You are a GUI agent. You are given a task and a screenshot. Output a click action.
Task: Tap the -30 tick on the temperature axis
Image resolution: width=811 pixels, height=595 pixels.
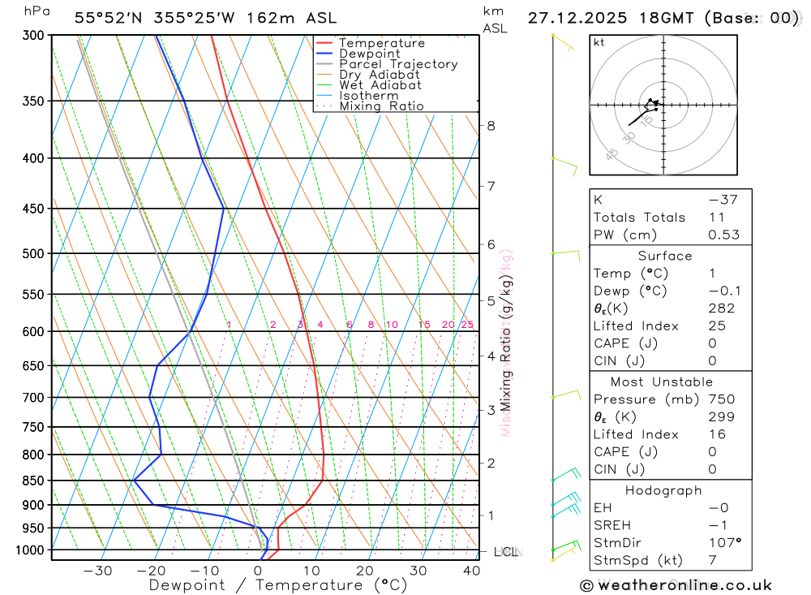click(97, 571)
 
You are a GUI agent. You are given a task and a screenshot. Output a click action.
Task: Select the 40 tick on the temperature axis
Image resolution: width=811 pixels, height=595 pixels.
click(471, 571)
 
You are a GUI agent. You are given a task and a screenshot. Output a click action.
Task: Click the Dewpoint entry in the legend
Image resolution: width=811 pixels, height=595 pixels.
click(369, 54)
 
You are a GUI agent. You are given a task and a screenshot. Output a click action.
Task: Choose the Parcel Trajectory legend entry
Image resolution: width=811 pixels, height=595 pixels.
click(398, 64)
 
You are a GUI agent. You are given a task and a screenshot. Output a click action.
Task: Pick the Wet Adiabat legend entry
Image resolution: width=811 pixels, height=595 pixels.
click(380, 85)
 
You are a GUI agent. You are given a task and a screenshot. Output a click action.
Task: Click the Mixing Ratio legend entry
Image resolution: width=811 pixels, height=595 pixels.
click(381, 106)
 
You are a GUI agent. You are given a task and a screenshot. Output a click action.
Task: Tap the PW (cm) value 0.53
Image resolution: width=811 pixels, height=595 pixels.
click(723, 235)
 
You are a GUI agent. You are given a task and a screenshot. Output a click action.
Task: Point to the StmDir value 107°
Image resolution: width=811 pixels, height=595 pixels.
click(723, 543)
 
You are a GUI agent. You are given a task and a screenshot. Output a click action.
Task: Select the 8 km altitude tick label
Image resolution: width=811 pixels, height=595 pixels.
click(491, 125)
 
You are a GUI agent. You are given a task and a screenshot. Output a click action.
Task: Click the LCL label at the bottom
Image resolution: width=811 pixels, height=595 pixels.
click(505, 552)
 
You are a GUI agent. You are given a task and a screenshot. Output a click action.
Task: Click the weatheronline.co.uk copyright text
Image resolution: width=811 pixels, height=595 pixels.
click(676, 585)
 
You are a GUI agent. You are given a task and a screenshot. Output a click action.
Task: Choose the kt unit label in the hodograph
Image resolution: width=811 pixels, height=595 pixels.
click(599, 42)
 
